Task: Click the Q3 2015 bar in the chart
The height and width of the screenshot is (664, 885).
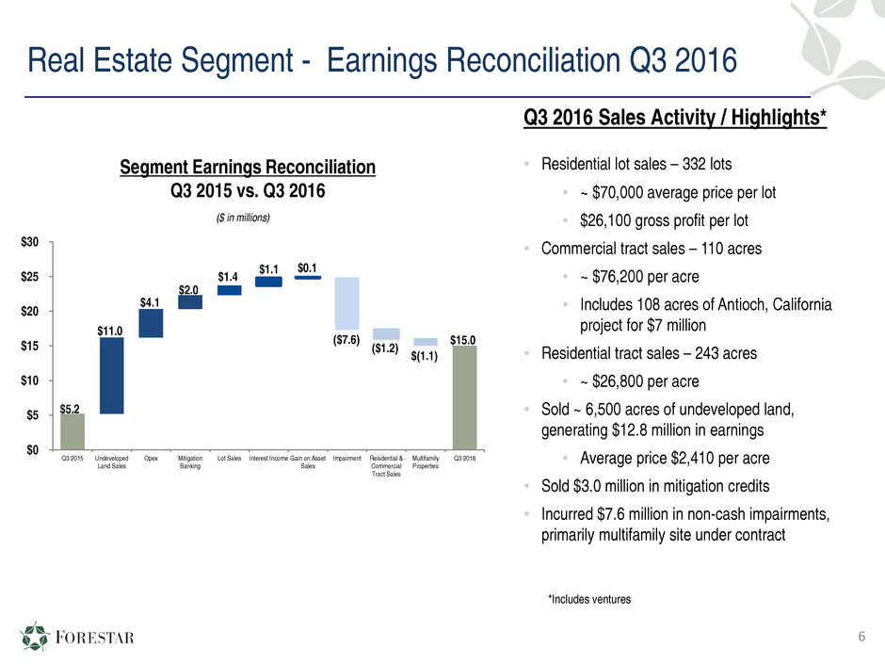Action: (x=72, y=431)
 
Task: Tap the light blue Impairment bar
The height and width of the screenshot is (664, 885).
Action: (x=346, y=302)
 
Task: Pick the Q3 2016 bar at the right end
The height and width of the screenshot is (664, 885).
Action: (x=464, y=397)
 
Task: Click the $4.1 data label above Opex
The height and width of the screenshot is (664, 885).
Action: (x=150, y=301)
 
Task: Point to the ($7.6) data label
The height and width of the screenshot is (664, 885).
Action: (x=346, y=340)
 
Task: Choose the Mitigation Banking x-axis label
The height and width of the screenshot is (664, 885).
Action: (x=189, y=463)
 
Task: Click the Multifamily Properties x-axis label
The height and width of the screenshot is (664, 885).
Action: (x=426, y=463)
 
